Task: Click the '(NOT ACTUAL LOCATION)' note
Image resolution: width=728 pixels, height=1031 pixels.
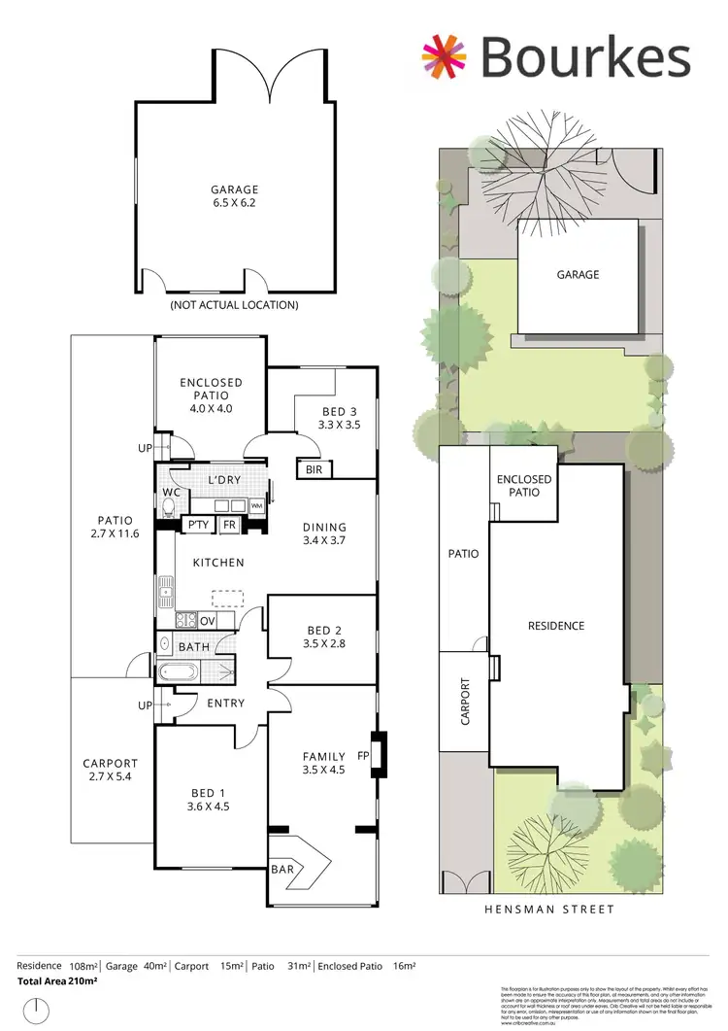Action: click(234, 305)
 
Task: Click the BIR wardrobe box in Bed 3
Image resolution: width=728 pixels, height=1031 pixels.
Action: click(314, 470)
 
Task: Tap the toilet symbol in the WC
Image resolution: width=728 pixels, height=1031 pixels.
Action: click(171, 506)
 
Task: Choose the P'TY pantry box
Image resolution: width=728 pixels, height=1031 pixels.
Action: click(198, 525)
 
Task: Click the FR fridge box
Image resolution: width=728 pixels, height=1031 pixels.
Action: click(229, 525)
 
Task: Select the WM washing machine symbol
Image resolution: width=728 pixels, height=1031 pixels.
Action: click(256, 506)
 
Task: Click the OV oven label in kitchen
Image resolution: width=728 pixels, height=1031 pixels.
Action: click(207, 620)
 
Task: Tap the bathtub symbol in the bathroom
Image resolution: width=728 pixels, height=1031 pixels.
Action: click(181, 671)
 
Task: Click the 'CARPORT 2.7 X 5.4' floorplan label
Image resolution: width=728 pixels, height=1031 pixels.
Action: click(111, 771)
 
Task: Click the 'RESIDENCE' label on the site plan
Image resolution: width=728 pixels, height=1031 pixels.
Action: click(556, 626)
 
